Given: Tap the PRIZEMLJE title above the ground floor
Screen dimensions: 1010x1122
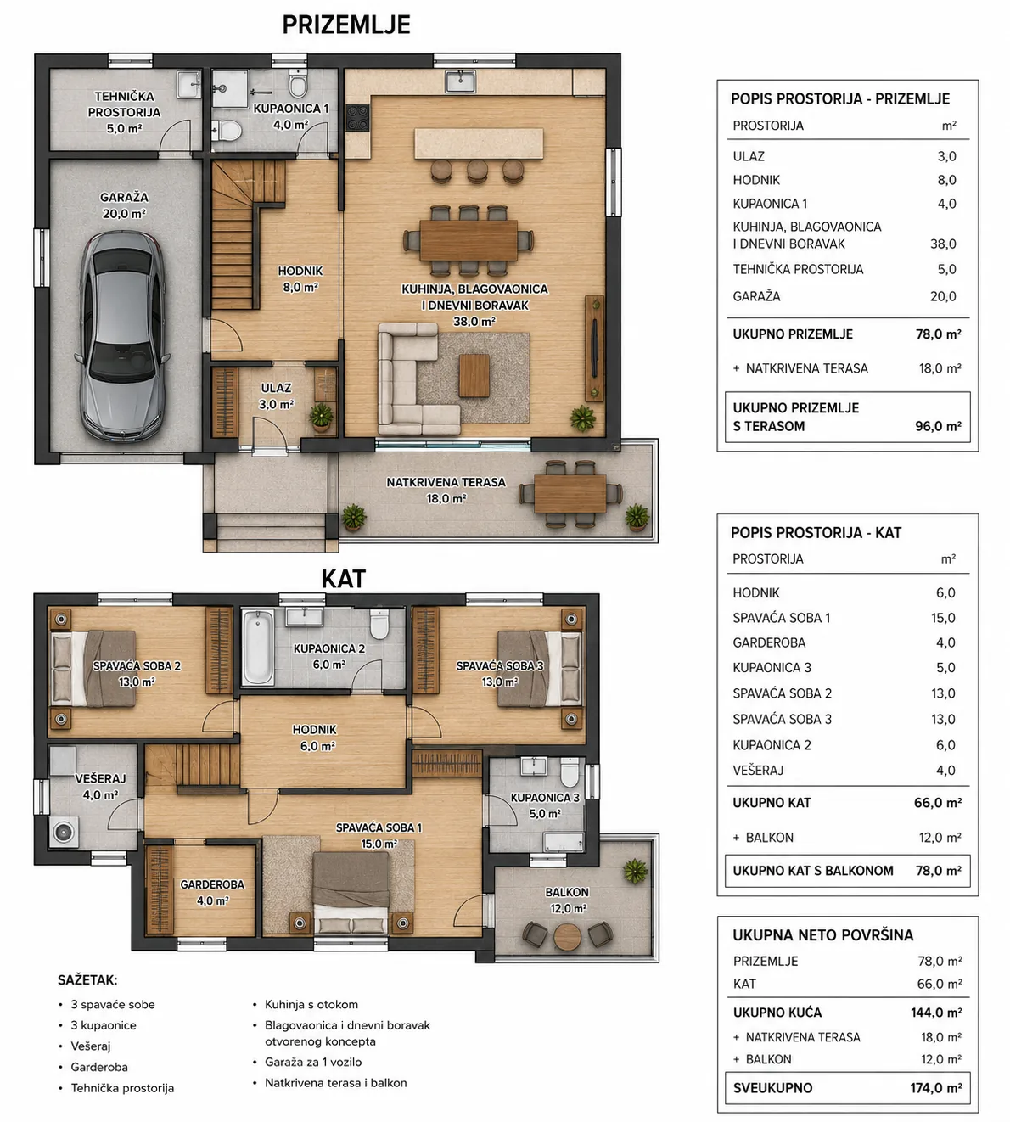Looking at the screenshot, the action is (x=346, y=25).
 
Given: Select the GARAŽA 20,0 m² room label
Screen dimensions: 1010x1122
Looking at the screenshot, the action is (x=124, y=205).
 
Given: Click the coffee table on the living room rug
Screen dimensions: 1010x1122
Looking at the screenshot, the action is (x=474, y=375).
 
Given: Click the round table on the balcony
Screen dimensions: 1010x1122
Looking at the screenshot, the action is (x=568, y=936).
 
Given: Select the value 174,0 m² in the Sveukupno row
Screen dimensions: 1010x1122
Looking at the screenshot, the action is (x=936, y=1088).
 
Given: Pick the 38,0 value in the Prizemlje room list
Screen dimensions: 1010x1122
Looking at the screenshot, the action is (x=943, y=244).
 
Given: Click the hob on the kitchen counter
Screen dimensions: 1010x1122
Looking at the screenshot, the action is (x=357, y=117).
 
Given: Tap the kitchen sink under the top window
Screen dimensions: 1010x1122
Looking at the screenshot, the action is (x=461, y=81).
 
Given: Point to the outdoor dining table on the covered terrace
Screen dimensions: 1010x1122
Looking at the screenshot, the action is (x=570, y=493).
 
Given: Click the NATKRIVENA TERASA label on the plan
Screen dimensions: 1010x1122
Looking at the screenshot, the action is (x=446, y=482).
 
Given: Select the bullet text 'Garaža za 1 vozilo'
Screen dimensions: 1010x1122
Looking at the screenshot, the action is (x=313, y=1062).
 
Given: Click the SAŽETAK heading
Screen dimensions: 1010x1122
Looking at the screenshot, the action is (x=88, y=980).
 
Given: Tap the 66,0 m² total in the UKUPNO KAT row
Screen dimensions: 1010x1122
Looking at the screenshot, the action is (x=938, y=803).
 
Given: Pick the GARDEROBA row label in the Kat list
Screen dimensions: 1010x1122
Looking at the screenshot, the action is (x=769, y=642).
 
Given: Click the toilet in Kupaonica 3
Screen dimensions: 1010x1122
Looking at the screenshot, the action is (x=570, y=771).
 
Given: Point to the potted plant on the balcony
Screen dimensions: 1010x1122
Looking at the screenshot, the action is (x=635, y=870).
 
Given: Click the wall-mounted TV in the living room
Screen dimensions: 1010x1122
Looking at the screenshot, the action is (x=593, y=348).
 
